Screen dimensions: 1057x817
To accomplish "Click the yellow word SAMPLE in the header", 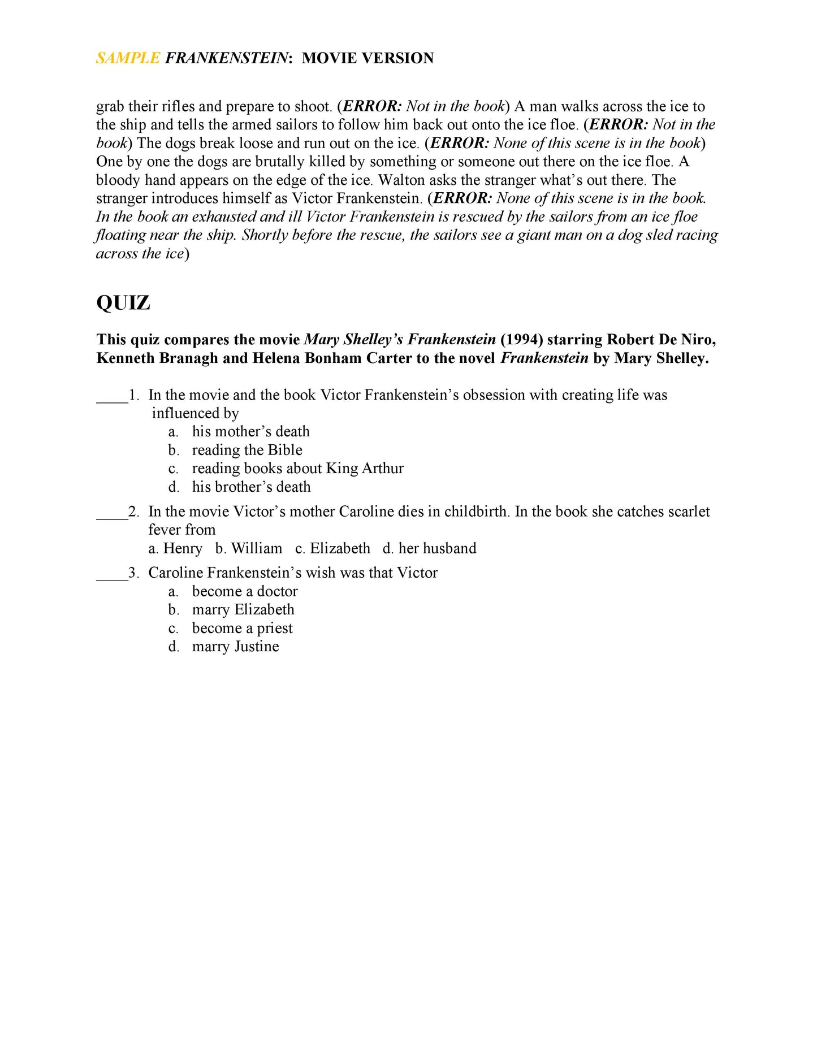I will click(128, 58).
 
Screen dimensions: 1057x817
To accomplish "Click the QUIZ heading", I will click(123, 303).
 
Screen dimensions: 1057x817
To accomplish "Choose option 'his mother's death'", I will click(250, 432).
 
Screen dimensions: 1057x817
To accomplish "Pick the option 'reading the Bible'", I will click(247, 450).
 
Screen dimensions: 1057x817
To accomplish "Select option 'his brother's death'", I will click(251, 487).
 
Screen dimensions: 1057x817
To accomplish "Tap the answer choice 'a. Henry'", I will click(175, 548).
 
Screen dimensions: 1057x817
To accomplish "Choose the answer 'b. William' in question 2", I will click(249, 548).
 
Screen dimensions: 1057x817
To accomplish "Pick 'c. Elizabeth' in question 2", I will click(332, 548).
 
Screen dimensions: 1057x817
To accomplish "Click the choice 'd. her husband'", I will click(429, 548).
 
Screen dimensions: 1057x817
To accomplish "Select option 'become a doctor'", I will click(245, 592).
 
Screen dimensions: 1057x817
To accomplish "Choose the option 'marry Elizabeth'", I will click(243, 610).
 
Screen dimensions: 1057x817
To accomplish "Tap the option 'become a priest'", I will click(242, 629).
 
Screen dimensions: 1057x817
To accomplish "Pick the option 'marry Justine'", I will click(235, 647).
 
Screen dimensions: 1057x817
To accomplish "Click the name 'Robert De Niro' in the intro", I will click(661, 340).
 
